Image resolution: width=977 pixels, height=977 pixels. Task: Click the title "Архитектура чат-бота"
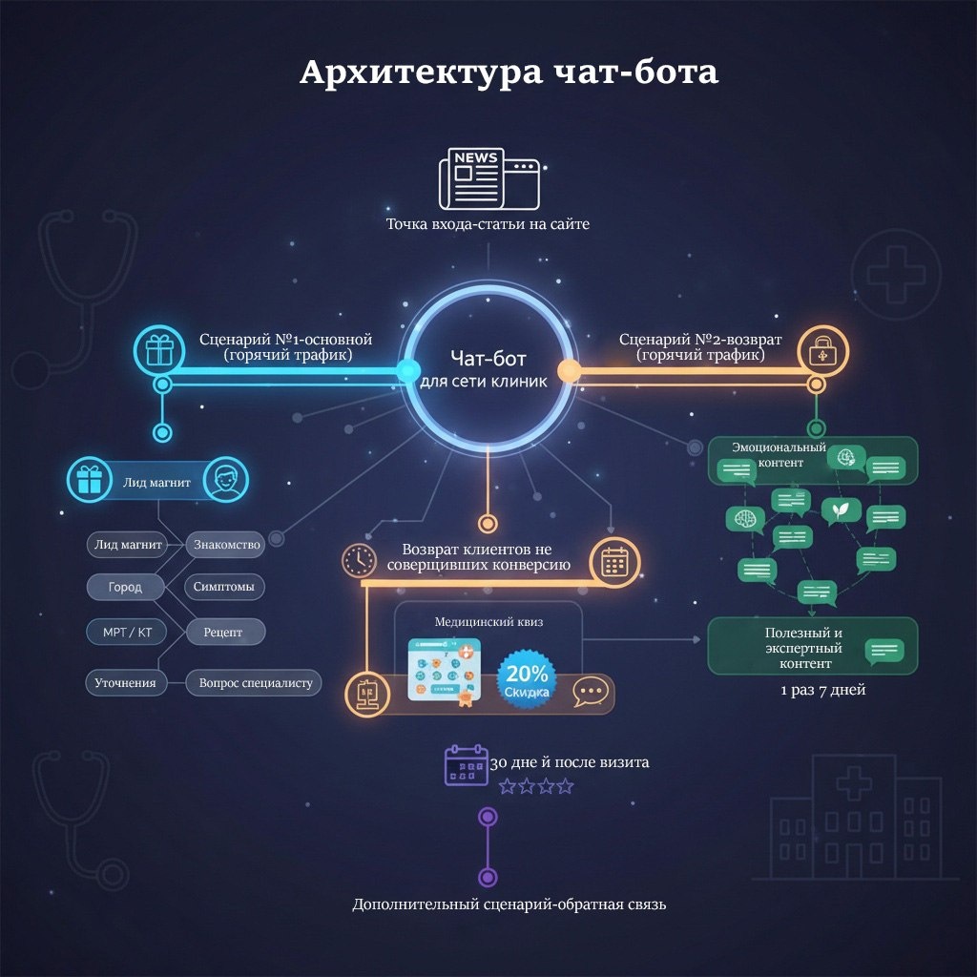[509, 73]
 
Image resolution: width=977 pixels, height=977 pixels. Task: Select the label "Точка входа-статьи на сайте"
[488, 225]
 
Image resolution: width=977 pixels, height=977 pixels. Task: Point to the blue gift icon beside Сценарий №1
[158, 349]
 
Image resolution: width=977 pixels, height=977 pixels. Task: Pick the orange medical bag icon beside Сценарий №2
[817, 350]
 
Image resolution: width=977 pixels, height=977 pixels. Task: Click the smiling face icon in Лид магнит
[225, 482]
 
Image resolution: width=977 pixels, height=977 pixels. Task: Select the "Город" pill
[125, 587]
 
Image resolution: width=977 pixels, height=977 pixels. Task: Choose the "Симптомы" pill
[224, 587]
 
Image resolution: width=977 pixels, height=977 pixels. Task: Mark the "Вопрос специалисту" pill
[254, 683]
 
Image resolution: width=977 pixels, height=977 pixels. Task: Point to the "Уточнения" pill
[125, 683]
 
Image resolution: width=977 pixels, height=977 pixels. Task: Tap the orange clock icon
[360, 560]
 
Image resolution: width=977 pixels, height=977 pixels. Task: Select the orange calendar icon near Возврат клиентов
[613, 562]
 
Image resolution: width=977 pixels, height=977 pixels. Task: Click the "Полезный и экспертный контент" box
[812, 647]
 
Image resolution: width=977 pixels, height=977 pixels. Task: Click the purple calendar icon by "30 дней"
[466, 765]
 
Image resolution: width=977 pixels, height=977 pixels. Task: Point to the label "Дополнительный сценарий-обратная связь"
[509, 904]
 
